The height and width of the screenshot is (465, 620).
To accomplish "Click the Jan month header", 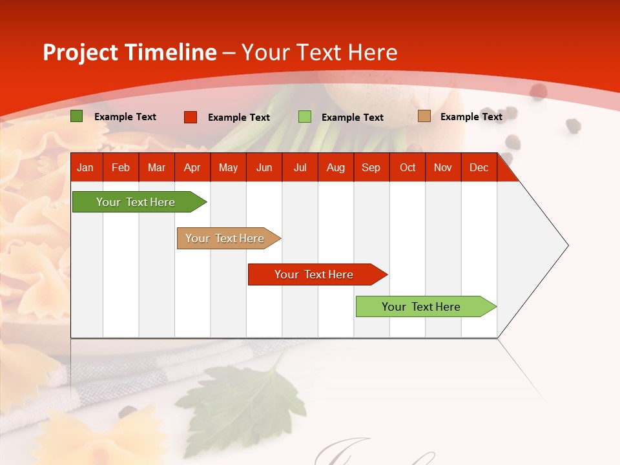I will [x=86, y=167].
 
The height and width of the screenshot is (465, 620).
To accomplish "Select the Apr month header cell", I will [x=192, y=167].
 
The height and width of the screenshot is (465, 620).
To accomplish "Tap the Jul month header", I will [x=300, y=167].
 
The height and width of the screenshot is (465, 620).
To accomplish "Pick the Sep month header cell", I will [x=371, y=167].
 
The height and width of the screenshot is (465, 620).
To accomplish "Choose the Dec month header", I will [x=479, y=167].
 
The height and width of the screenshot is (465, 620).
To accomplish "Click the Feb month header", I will [x=121, y=167].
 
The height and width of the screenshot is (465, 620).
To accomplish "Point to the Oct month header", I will [x=408, y=167].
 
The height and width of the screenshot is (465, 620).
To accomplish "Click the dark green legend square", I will [x=77, y=116].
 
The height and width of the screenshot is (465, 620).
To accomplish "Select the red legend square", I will [x=191, y=117].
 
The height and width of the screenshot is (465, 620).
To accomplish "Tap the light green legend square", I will [x=305, y=117].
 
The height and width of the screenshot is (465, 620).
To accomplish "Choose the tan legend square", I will [x=424, y=116].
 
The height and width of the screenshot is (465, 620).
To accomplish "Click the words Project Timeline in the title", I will [x=129, y=52].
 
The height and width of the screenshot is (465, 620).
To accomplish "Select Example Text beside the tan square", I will [x=471, y=117].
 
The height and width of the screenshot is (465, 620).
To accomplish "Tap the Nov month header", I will [x=443, y=167].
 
